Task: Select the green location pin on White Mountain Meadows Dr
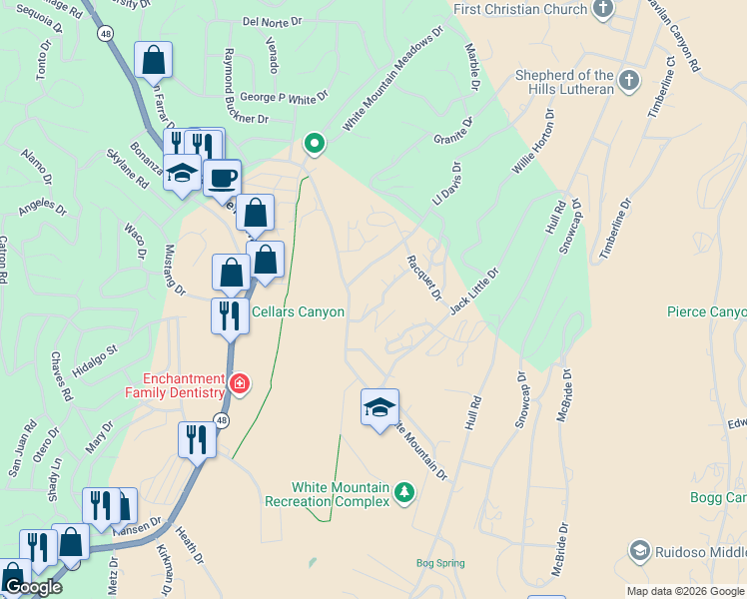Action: (x=315, y=144)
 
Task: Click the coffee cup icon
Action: (x=222, y=179)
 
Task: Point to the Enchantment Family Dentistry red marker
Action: (x=239, y=383)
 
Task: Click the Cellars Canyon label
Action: (x=298, y=312)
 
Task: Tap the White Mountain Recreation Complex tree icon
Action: (x=403, y=492)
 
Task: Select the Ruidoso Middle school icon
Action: (x=639, y=550)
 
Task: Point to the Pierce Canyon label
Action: (x=706, y=312)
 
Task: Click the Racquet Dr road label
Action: (x=423, y=277)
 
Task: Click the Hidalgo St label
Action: (x=97, y=359)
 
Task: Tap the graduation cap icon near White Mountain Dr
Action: (x=379, y=407)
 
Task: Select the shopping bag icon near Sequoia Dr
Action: (x=154, y=60)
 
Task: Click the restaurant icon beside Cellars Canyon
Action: (x=230, y=316)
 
